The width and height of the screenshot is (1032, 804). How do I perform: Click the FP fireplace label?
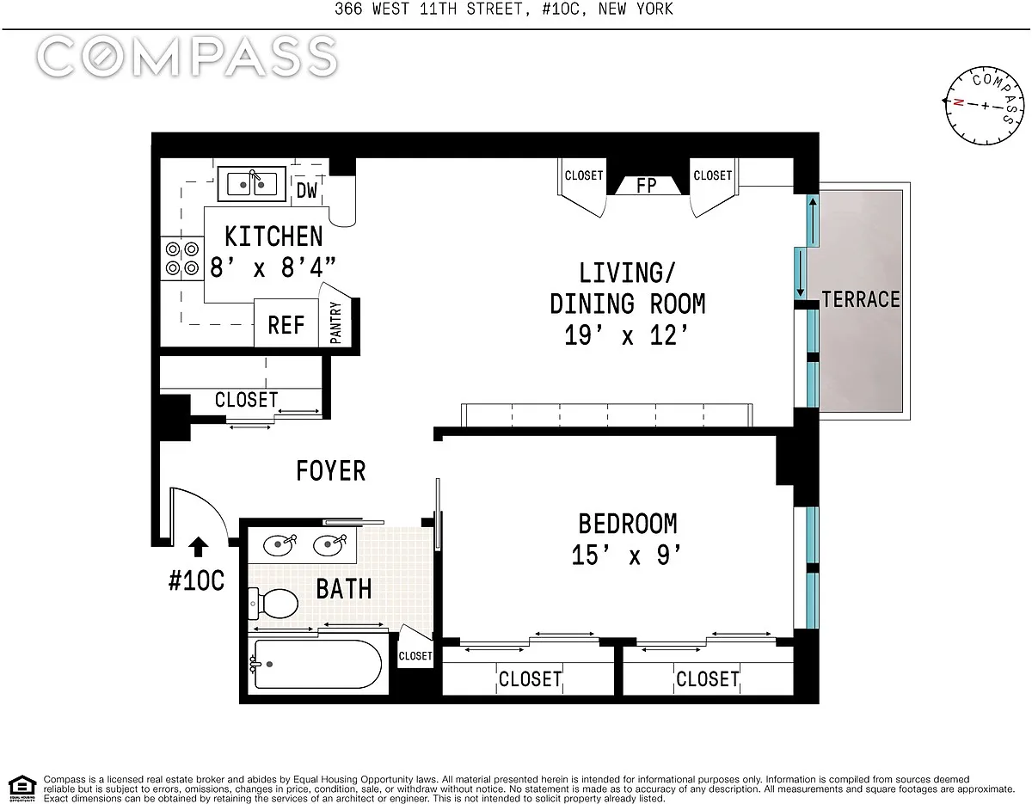647,186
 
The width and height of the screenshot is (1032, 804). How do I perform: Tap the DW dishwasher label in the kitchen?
307,191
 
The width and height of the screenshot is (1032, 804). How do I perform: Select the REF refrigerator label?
286,325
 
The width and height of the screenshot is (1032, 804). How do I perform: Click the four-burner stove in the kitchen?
182,258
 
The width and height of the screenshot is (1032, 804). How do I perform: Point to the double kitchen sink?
252,184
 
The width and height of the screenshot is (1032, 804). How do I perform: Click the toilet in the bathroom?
273,604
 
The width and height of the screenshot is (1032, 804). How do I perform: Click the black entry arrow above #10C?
198,547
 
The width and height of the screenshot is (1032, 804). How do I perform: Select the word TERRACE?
861,299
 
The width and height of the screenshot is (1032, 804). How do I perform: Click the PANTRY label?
335,322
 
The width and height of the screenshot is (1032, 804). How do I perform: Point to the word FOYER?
331,471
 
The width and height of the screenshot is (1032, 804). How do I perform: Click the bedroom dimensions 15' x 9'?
626,555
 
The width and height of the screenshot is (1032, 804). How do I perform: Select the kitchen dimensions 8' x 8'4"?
273,267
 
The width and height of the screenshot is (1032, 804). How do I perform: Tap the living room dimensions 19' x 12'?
626,335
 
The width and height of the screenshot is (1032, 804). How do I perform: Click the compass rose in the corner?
985,106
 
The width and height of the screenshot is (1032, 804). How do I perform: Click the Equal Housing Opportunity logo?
22,789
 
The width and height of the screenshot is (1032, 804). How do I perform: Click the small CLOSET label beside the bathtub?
415,656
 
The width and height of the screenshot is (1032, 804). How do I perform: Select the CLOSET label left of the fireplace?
584,175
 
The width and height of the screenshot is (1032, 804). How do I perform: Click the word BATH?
344,589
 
